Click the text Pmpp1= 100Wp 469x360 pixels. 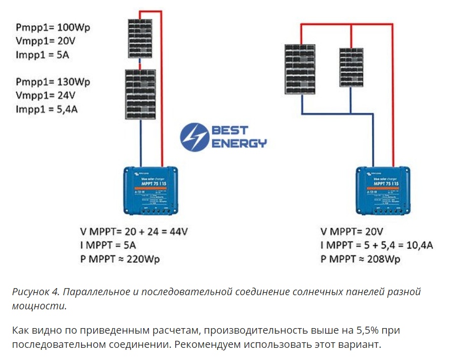tap(56, 27)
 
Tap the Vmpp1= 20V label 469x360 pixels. tap(46, 41)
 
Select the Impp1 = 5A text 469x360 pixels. tap(43, 55)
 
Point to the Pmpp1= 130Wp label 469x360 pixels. tap(56, 82)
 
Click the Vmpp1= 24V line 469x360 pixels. tap(46, 95)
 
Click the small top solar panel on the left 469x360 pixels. tap(141, 39)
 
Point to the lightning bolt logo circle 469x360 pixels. tap(194, 136)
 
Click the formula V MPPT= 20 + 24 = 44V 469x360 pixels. tap(134, 232)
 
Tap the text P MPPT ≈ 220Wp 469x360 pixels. tap(123, 259)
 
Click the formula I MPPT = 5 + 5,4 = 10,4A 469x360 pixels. tap(376, 246)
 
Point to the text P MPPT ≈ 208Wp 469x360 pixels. tap(360, 259)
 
